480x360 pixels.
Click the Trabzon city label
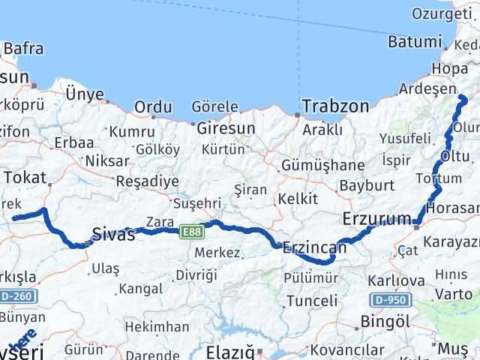point(335,106)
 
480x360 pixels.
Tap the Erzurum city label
point(373,219)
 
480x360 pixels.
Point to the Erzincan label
point(314,247)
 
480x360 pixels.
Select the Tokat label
point(25,177)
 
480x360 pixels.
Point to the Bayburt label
point(361,184)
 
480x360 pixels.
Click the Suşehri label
point(194,202)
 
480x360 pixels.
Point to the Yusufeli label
point(405,138)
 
